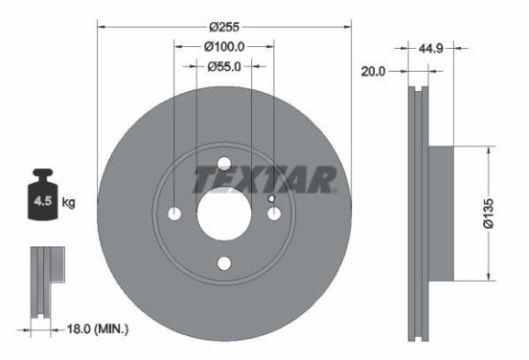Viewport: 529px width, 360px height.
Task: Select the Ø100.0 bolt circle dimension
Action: click(224, 45)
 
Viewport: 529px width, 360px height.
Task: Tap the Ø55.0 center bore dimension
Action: click(224, 66)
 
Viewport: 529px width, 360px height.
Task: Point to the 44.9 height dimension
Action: click(429, 45)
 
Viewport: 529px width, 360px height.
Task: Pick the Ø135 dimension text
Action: click(489, 213)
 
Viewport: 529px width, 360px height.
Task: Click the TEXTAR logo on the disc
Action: click(265, 179)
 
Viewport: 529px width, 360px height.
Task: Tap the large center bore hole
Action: click(224, 213)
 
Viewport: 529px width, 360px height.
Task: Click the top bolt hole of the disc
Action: click(224, 164)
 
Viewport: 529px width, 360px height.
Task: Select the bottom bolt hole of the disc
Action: click(224, 262)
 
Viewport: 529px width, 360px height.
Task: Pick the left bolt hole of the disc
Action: click(175, 213)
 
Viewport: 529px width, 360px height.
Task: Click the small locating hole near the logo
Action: click(272, 199)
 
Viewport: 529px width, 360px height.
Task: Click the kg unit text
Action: click(69, 203)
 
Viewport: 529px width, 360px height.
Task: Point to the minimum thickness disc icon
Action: click(43, 282)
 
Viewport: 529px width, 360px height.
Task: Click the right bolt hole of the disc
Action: click(273, 213)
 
